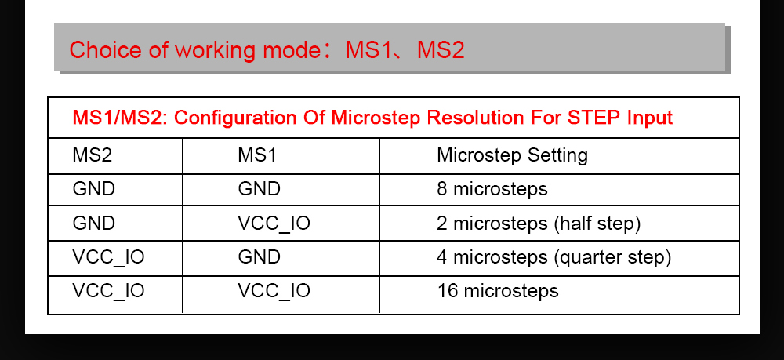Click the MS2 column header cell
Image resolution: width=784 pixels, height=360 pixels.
pos(93,155)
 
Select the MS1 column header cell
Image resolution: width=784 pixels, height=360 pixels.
pos(257,155)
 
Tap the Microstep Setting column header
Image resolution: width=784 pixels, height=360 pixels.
pos(512,155)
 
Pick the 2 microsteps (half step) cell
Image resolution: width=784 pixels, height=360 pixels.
pos(539,224)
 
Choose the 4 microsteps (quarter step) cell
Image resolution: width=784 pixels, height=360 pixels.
pos(554,257)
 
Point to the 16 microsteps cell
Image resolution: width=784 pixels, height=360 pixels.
pos(497,291)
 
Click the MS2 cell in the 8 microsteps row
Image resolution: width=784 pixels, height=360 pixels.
pos(93,189)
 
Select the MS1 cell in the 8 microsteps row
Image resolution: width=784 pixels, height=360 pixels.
pos(259,189)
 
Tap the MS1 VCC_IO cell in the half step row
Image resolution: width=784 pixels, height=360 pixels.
pos(274,224)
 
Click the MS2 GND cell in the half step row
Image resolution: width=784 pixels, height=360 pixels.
pos(93,224)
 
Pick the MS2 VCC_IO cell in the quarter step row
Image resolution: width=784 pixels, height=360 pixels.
pos(108,257)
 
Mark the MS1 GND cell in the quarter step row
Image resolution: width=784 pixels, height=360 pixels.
pos(259,257)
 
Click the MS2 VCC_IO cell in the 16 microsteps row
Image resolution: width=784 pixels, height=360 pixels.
pos(108,291)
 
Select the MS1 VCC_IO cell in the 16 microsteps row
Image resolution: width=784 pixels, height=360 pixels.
pos(274,291)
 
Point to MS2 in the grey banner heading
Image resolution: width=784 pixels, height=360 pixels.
pos(441,50)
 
